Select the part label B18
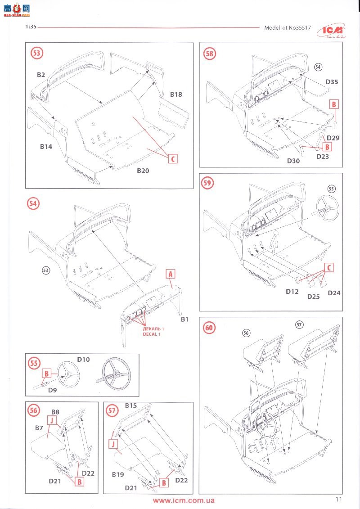point(176,95)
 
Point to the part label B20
point(143,171)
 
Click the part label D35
point(332,82)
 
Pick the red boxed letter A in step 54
point(170,274)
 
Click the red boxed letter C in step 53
point(172,158)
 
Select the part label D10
point(84,360)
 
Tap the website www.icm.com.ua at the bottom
point(184,500)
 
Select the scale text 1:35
point(31,27)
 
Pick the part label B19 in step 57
point(117,474)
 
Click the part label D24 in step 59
point(334,293)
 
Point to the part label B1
point(184,320)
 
